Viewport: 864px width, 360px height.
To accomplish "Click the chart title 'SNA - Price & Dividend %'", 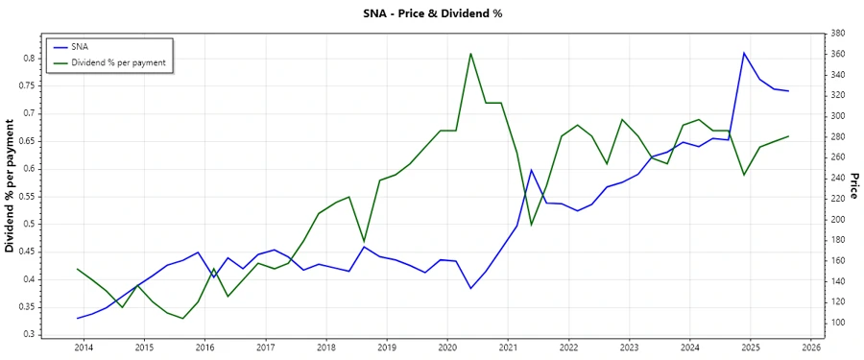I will click(431, 13).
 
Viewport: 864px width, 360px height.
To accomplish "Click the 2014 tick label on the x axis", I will click(83, 348).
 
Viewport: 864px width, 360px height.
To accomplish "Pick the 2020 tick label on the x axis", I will click(446, 348).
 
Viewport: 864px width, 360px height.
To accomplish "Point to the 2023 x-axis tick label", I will click(629, 348).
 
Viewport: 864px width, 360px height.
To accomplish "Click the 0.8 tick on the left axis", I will click(28, 59).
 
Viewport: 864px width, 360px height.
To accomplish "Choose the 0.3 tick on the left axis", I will click(28, 335).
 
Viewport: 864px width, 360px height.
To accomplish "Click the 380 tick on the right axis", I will click(836, 34).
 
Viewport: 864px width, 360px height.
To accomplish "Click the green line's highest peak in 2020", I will click(470, 53).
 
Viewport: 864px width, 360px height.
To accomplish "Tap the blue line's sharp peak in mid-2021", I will click(531, 170).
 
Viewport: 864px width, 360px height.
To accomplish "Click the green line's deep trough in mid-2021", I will click(531, 225).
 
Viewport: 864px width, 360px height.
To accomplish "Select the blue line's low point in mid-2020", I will click(470, 288).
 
